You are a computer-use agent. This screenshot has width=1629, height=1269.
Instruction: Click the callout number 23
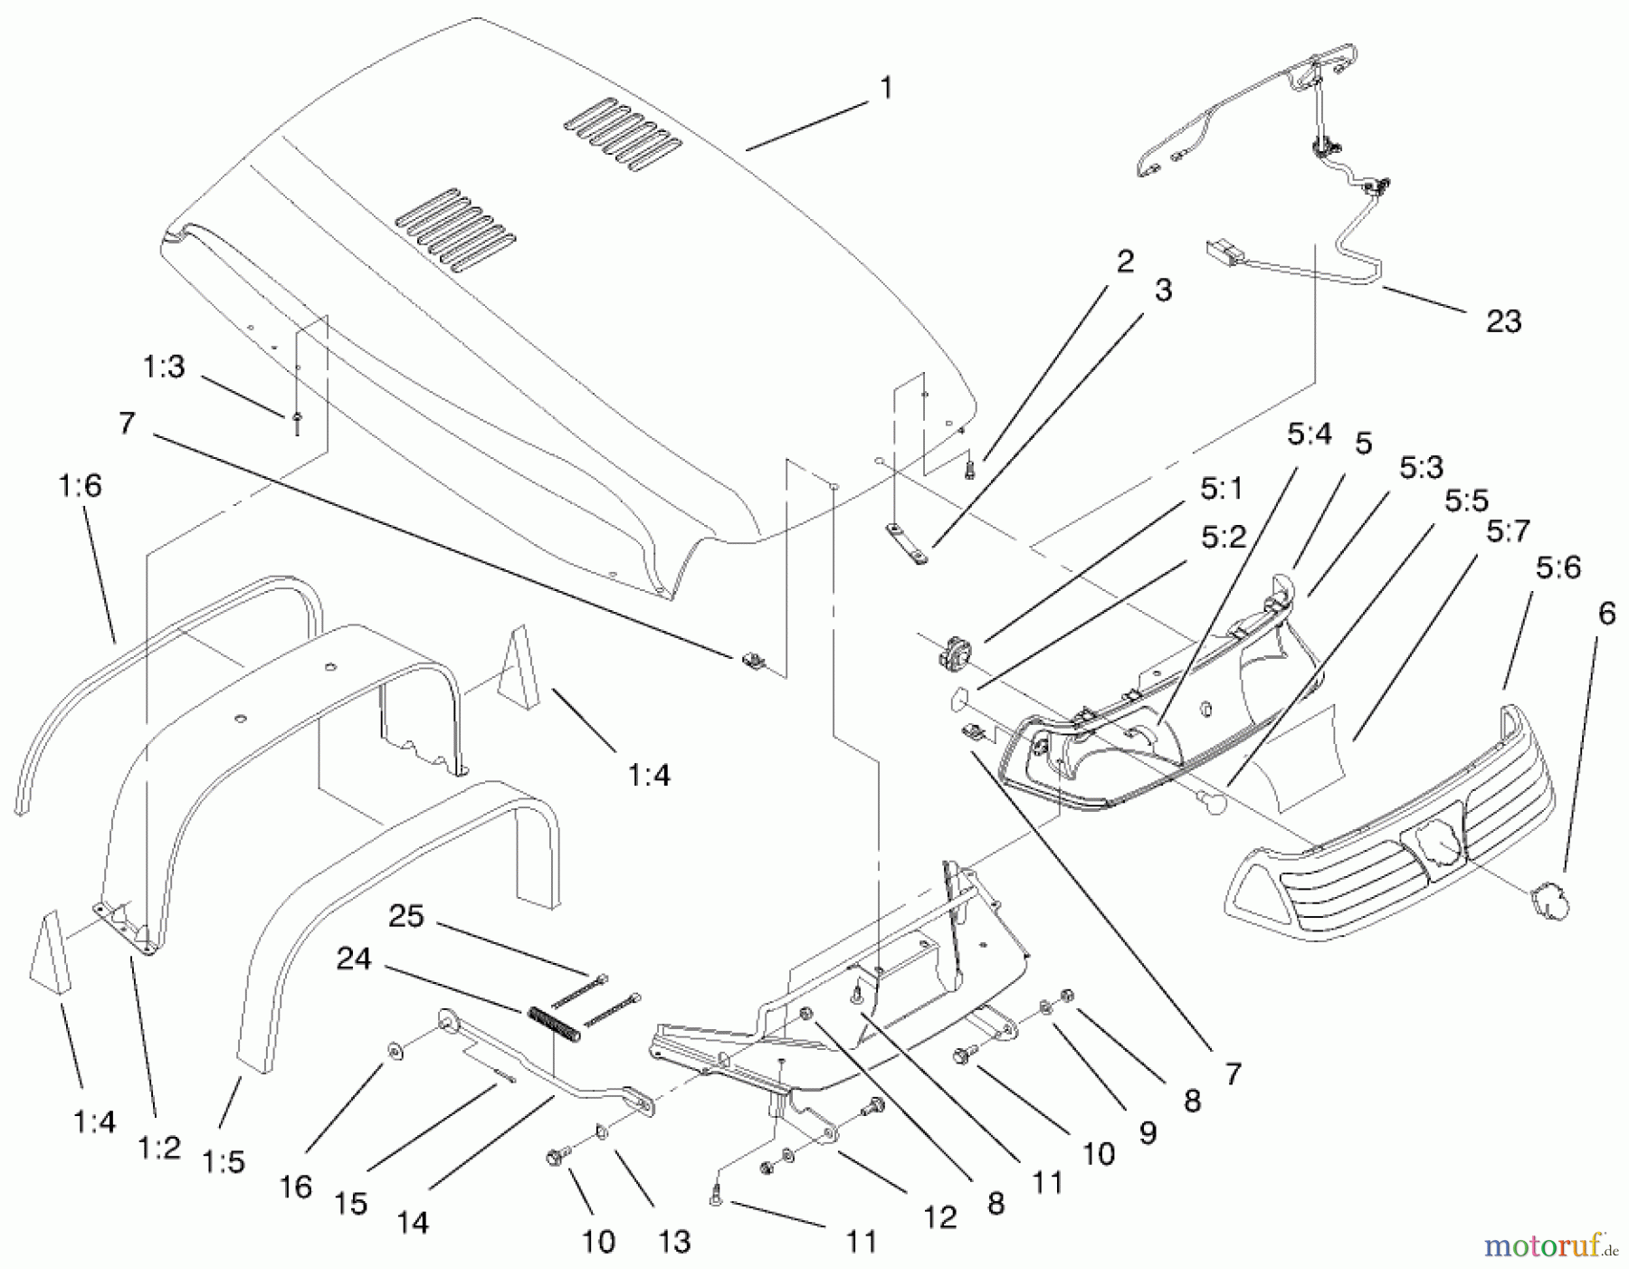tap(1503, 321)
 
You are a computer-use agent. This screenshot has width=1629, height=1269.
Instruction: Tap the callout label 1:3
tap(164, 367)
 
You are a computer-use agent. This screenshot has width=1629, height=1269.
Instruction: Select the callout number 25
tap(405, 916)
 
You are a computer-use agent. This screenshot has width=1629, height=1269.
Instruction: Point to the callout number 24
tap(353, 959)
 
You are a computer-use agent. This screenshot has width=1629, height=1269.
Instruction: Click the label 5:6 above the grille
tap(1558, 568)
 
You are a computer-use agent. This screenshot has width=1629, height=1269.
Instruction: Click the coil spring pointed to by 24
tap(553, 1024)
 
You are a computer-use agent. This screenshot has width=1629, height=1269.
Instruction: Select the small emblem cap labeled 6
tap(1547, 902)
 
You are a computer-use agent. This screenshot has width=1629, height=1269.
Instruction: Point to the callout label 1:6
tap(81, 486)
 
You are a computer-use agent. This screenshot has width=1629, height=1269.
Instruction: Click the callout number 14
tap(412, 1223)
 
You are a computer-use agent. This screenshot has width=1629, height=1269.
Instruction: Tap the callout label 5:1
tap(1222, 490)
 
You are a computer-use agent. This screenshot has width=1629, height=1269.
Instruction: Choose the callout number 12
tap(939, 1217)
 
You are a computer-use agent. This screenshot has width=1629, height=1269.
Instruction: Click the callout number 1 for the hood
tap(886, 88)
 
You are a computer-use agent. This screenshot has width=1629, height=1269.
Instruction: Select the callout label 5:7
tap(1508, 531)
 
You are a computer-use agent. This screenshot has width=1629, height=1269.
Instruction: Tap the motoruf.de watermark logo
tap(1549, 1248)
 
